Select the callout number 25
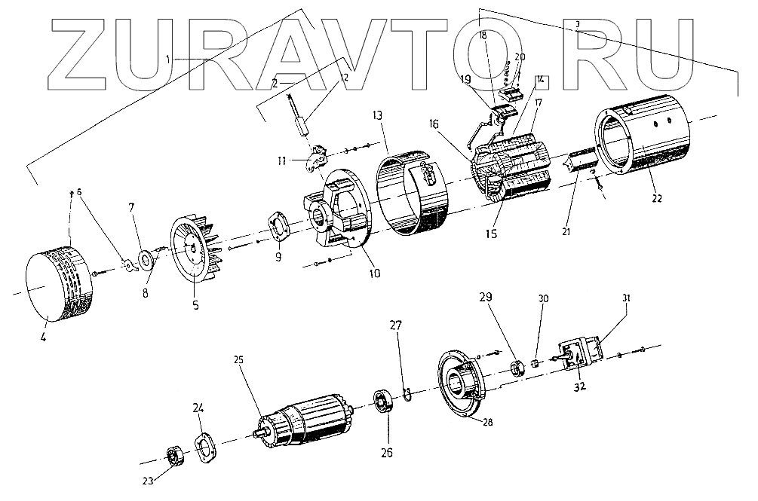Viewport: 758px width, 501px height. pos(238,359)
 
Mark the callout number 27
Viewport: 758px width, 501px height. pos(396,326)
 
